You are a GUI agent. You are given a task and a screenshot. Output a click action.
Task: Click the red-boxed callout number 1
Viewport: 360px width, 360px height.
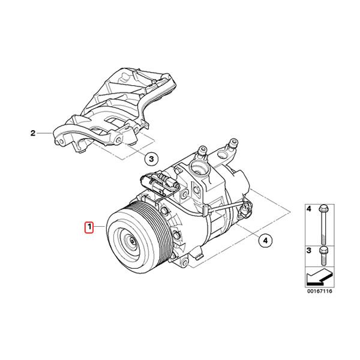(x=89, y=227)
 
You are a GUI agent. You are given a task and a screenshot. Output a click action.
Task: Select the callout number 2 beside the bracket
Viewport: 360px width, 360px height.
(x=34, y=134)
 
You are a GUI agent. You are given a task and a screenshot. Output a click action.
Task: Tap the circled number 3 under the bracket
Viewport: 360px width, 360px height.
(x=152, y=158)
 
